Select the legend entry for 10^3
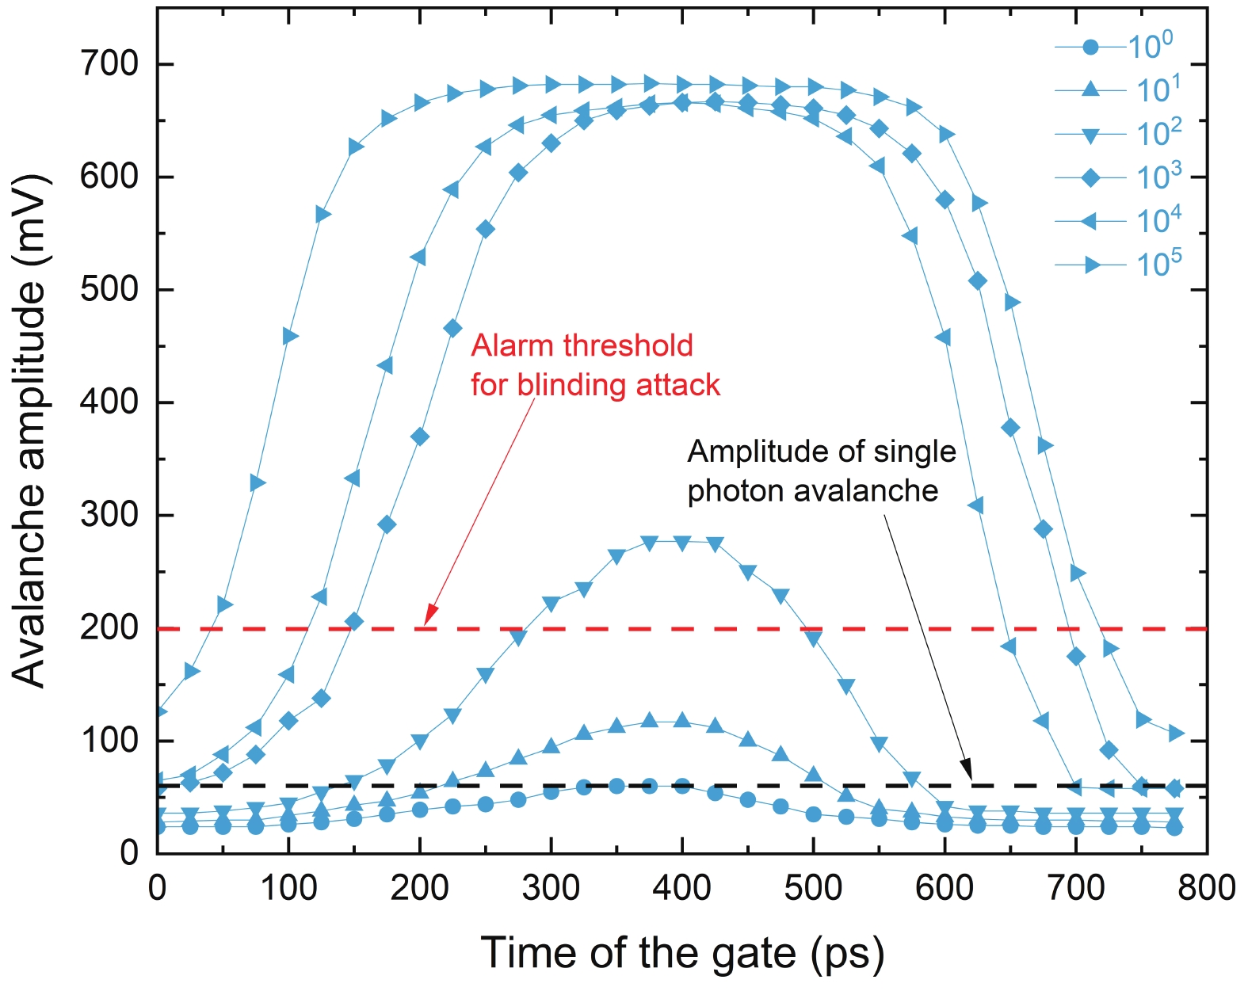[1117, 177]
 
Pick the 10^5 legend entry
[1117, 264]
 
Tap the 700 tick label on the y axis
[109, 63]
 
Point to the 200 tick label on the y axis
[109, 628]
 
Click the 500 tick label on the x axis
[813, 888]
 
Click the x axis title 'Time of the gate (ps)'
[682, 953]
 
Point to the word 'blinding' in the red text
[564, 385]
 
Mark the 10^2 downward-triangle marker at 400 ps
[682, 543]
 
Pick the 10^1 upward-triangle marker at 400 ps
[682, 720]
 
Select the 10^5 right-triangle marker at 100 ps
[289, 336]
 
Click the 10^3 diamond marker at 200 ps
[420, 436]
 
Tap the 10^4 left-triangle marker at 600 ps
[943, 338]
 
